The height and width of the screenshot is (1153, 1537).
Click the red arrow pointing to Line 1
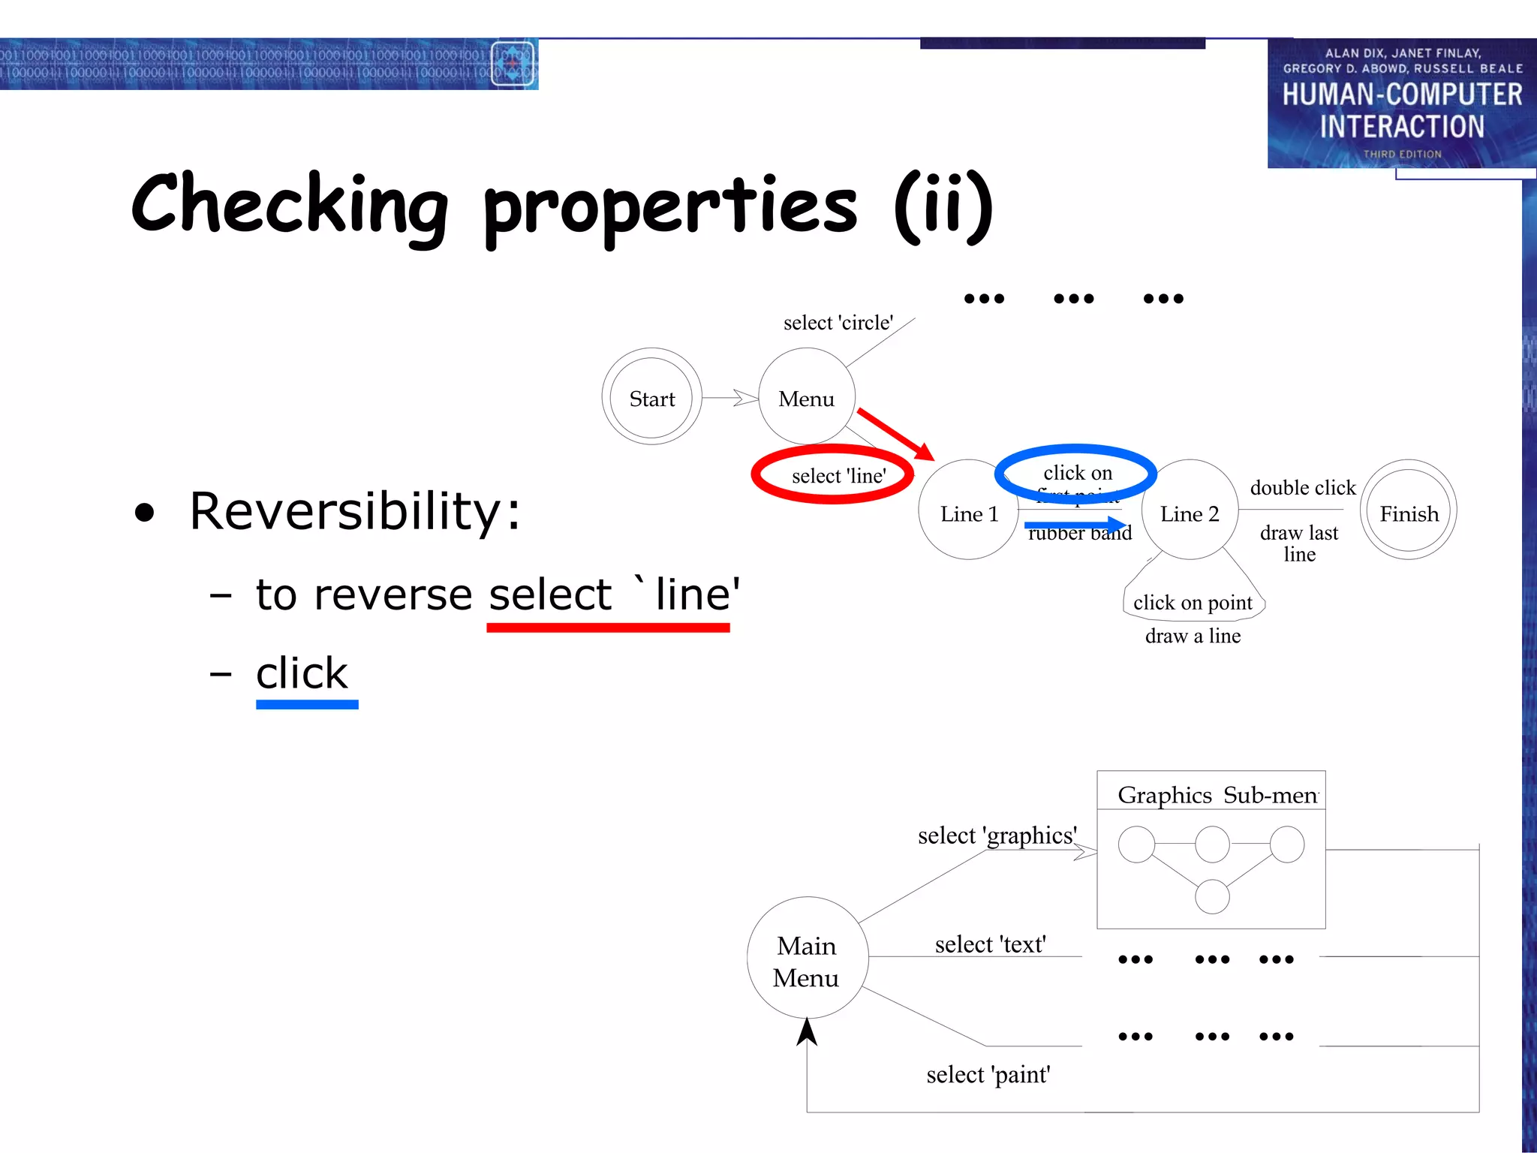895,434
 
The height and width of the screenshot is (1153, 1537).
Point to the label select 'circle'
838,323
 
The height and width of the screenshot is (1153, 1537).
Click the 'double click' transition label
1302,488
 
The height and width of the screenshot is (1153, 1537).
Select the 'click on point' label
1193,603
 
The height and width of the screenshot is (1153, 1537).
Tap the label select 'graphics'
997,835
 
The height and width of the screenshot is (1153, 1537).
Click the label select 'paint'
988,1075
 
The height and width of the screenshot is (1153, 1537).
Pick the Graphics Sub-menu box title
1217,794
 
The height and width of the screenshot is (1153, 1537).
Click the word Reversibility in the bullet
354,511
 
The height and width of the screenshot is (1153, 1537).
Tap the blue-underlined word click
302,673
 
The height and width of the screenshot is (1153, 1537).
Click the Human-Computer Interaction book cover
1400,104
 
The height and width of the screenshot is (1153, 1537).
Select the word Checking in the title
290,205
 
